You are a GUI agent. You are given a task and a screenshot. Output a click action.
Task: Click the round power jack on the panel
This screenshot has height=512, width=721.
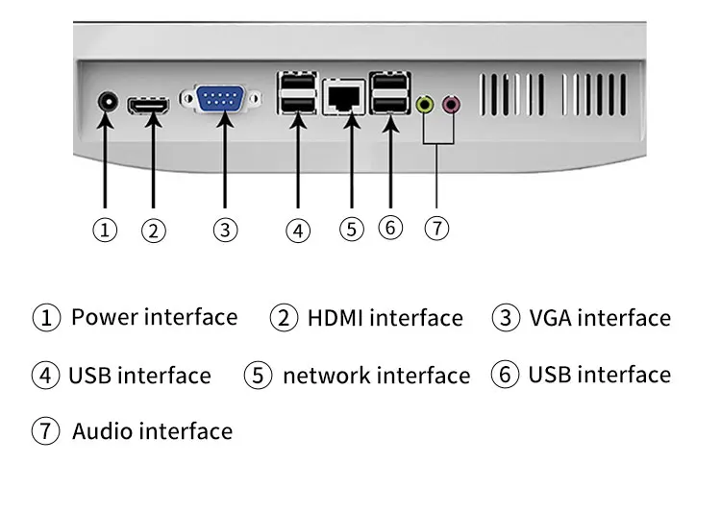click(x=108, y=102)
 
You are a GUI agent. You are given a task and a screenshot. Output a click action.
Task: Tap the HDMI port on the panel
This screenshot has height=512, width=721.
click(x=148, y=106)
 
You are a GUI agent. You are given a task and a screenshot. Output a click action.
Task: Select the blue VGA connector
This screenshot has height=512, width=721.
click(x=220, y=98)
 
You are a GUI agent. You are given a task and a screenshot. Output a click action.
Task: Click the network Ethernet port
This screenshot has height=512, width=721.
click(x=344, y=97)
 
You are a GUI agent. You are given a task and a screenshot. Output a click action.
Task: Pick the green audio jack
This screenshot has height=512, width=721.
click(x=425, y=105)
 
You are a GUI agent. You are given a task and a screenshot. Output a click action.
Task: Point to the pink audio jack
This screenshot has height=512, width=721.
click(x=451, y=105)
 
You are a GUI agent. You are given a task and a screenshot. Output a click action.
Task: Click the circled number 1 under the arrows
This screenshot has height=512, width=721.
click(x=105, y=230)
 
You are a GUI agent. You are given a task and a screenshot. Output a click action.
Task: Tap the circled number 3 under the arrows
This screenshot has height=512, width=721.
click(x=225, y=230)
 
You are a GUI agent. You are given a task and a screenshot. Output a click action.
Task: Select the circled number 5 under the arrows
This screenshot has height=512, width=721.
click(x=352, y=229)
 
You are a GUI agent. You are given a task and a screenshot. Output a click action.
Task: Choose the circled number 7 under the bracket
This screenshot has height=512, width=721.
click(x=436, y=228)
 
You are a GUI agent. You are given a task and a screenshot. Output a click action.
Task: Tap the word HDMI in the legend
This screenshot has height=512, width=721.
click(x=336, y=318)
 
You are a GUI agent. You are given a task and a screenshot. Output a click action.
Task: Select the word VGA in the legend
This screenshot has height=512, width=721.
click(x=549, y=318)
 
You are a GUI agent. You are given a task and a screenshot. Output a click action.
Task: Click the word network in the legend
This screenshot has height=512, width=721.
click(x=330, y=376)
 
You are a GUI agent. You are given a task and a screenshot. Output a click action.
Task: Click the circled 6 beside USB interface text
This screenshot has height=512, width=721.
click(x=505, y=374)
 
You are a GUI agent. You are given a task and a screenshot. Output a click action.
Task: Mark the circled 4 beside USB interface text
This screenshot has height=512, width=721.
click(x=45, y=375)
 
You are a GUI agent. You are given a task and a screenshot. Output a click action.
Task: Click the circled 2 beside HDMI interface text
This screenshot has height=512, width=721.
click(x=284, y=318)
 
